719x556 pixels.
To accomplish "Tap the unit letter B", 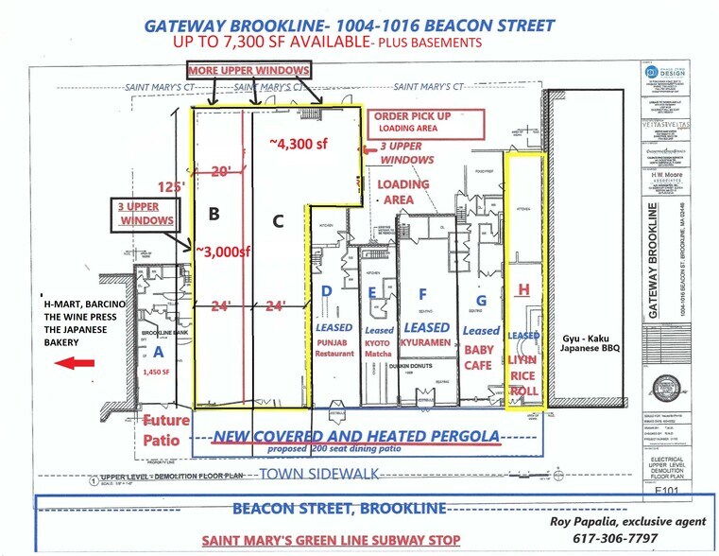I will (214, 214).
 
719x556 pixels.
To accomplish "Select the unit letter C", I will (278, 221).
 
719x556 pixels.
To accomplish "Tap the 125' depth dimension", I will (171, 186).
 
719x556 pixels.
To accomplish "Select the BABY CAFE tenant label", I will (479, 358).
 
